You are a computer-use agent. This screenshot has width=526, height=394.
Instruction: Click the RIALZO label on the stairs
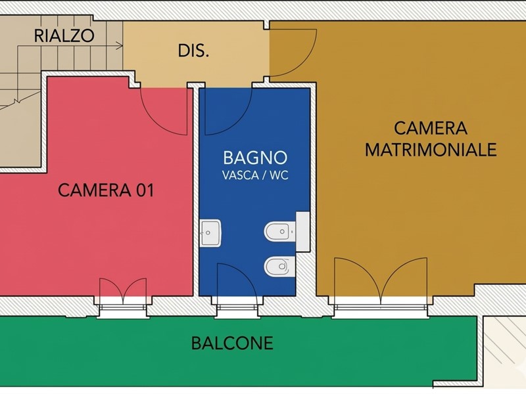[64, 35]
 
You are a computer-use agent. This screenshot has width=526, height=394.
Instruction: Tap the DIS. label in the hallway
[193, 51]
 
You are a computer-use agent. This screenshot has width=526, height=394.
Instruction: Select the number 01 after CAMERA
[145, 190]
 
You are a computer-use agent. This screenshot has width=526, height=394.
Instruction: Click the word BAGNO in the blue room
[255, 158]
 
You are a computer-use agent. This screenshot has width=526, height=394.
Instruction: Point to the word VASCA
[239, 175]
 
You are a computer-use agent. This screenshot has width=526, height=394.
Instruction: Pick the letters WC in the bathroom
[279, 175]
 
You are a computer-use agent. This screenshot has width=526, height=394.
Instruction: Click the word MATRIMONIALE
[431, 150]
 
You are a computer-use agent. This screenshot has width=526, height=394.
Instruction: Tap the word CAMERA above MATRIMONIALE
[431, 128]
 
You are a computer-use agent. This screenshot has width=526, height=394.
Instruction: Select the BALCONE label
[232, 343]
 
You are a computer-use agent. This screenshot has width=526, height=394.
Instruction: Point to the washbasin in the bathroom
[210, 233]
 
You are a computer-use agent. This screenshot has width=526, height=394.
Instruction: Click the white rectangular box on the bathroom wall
[302, 232]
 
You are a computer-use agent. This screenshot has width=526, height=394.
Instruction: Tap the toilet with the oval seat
[279, 267]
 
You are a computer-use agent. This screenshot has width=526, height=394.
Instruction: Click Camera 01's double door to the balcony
[123, 291]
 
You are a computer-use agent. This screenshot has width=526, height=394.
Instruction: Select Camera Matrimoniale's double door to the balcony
[381, 281]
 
